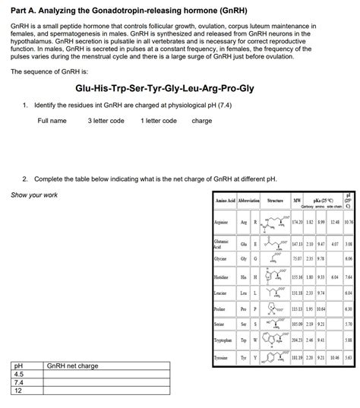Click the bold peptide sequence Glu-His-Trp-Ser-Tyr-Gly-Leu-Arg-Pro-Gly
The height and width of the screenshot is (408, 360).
coord(180,88)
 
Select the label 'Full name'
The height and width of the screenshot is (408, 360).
coord(52,121)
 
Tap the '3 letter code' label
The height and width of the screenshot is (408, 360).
coord(106,121)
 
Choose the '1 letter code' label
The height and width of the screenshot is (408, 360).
coord(159,121)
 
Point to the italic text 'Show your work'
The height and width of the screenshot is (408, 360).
coord(33,195)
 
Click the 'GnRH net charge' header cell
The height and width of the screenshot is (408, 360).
coord(73,366)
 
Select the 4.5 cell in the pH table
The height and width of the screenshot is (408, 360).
coord(18,375)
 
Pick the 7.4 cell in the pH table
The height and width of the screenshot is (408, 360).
coord(18,383)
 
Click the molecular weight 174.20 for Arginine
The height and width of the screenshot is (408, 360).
coord(297,225)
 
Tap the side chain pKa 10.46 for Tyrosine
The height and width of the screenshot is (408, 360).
coord(336,356)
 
